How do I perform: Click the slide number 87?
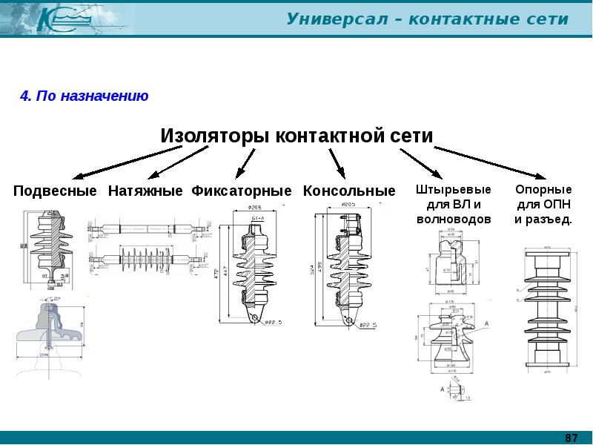571,437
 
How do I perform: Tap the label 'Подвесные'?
55,191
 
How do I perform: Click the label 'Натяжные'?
145,191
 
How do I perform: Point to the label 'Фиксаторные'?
242,191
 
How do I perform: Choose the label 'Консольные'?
349,191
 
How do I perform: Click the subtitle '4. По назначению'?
84,96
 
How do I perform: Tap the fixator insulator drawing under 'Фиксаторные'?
254,267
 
